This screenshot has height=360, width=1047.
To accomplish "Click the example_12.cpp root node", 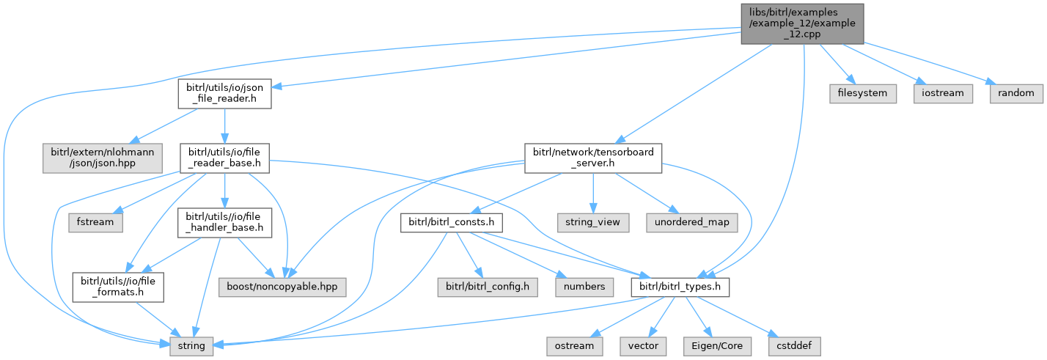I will coord(802,23).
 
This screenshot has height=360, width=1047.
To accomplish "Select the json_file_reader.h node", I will coord(224,94).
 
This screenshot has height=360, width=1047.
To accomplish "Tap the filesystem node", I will coord(862,94).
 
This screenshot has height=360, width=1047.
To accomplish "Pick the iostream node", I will coord(944,94).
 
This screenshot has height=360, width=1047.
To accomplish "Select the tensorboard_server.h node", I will coord(593,158).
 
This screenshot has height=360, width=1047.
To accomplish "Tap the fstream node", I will coord(96,221).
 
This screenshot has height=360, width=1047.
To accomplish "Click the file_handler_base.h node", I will coord(223,222).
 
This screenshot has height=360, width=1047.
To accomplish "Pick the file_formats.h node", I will coord(117,286).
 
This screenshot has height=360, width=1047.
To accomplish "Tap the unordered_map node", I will coord(691,221).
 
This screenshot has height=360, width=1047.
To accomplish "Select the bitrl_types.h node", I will coord(680,286).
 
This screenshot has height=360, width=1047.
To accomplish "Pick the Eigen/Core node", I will coord(712,344).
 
